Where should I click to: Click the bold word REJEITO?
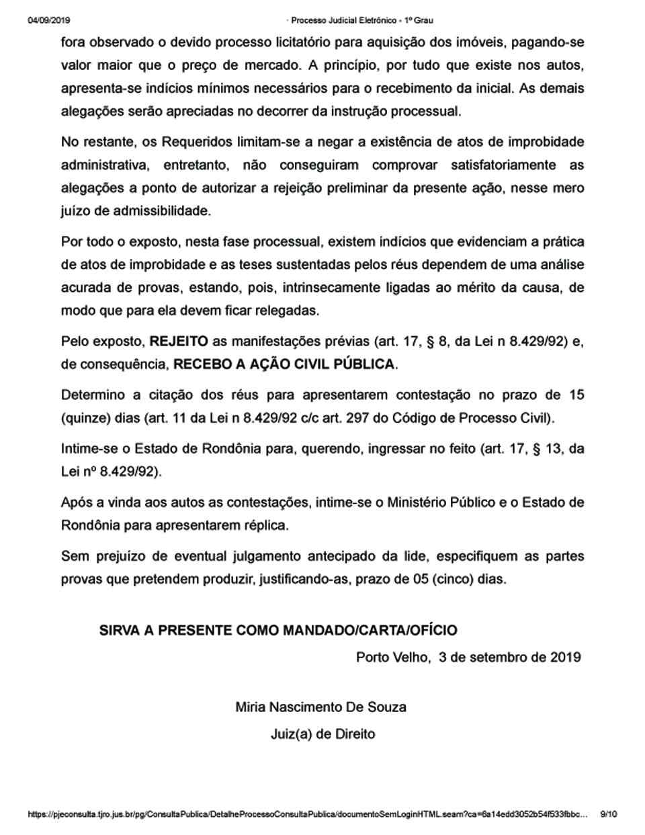(x=179, y=342)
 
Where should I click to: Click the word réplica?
(x=263, y=526)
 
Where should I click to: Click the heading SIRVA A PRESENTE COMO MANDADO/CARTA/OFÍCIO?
(x=278, y=631)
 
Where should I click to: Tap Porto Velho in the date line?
(x=392, y=658)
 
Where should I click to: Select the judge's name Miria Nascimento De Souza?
(x=320, y=707)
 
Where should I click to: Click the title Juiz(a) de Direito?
(x=322, y=734)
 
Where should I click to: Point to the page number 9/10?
(x=608, y=815)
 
